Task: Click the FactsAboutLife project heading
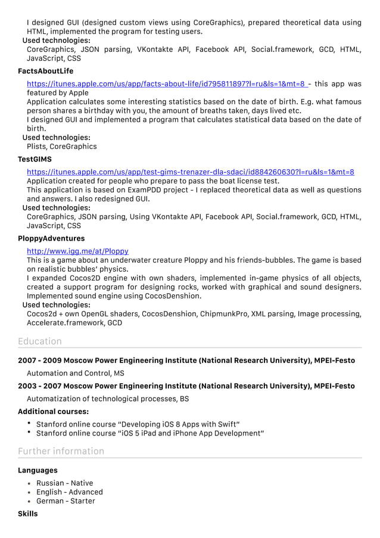tap(45, 71)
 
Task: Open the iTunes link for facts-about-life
tap(167, 84)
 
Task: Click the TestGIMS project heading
tap(35, 159)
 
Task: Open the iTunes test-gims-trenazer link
tap(190, 172)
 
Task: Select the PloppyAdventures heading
tap(51, 238)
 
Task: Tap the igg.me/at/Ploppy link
tap(77, 251)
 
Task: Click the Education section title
tap(40, 341)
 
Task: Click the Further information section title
tap(61, 451)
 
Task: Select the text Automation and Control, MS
tap(76, 374)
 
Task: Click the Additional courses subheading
tap(53, 412)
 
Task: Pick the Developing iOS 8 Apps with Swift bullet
tap(138, 424)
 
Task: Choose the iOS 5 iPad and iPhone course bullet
tap(150, 433)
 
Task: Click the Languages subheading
tap(38, 470)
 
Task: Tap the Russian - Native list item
tap(64, 483)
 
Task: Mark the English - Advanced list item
tap(69, 492)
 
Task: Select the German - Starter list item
tap(66, 501)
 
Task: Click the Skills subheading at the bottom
tap(27, 514)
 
